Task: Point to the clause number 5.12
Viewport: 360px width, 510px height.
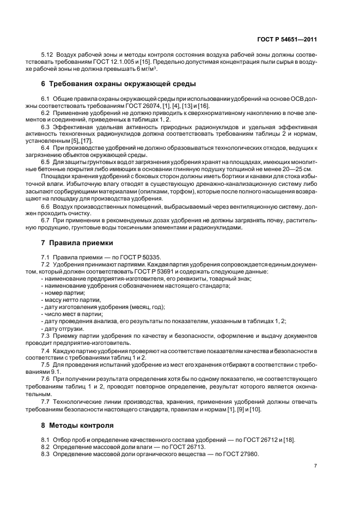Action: [48, 56]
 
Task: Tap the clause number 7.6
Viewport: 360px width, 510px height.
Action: [46, 378]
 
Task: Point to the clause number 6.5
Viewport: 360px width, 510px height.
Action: [46, 162]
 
